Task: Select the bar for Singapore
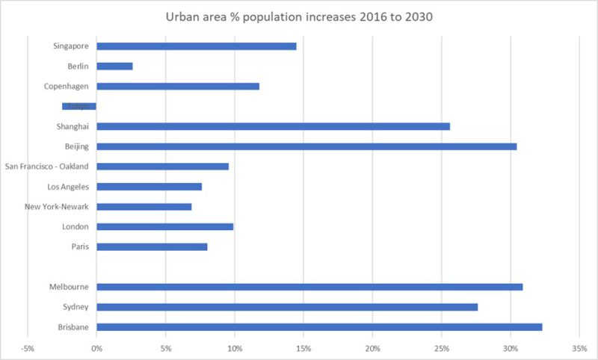pyautogui.click(x=197, y=46)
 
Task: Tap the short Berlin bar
pyautogui.click(x=114, y=66)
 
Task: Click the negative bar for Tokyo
pyautogui.click(x=79, y=106)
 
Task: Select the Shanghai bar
pyautogui.click(x=273, y=126)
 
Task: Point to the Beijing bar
pyautogui.click(x=306, y=146)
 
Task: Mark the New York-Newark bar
pyautogui.click(x=144, y=206)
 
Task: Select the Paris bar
pyautogui.click(x=152, y=246)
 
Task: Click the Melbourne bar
pyautogui.click(x=309, y=287)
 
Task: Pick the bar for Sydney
pyautogui.click(x=287, y=307)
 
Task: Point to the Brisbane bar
pyautogui.click(x=319, y=326)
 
